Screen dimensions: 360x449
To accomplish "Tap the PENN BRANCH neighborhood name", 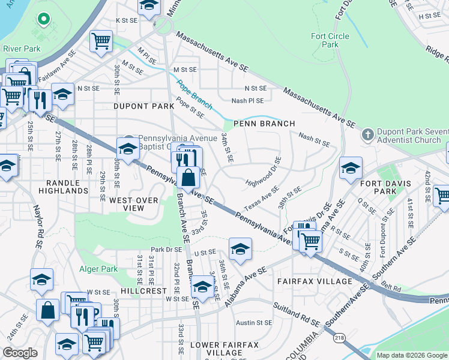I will (x=264, y=124).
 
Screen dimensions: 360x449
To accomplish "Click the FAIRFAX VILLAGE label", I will (x=315, y=281).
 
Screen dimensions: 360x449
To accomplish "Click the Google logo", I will (x=20, y=353).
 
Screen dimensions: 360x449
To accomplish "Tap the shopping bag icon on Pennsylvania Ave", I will (x=188, y=177).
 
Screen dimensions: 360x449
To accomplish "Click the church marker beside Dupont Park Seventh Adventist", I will (x=367, y=135).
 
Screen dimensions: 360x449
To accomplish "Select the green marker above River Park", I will (x=43, y=19).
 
